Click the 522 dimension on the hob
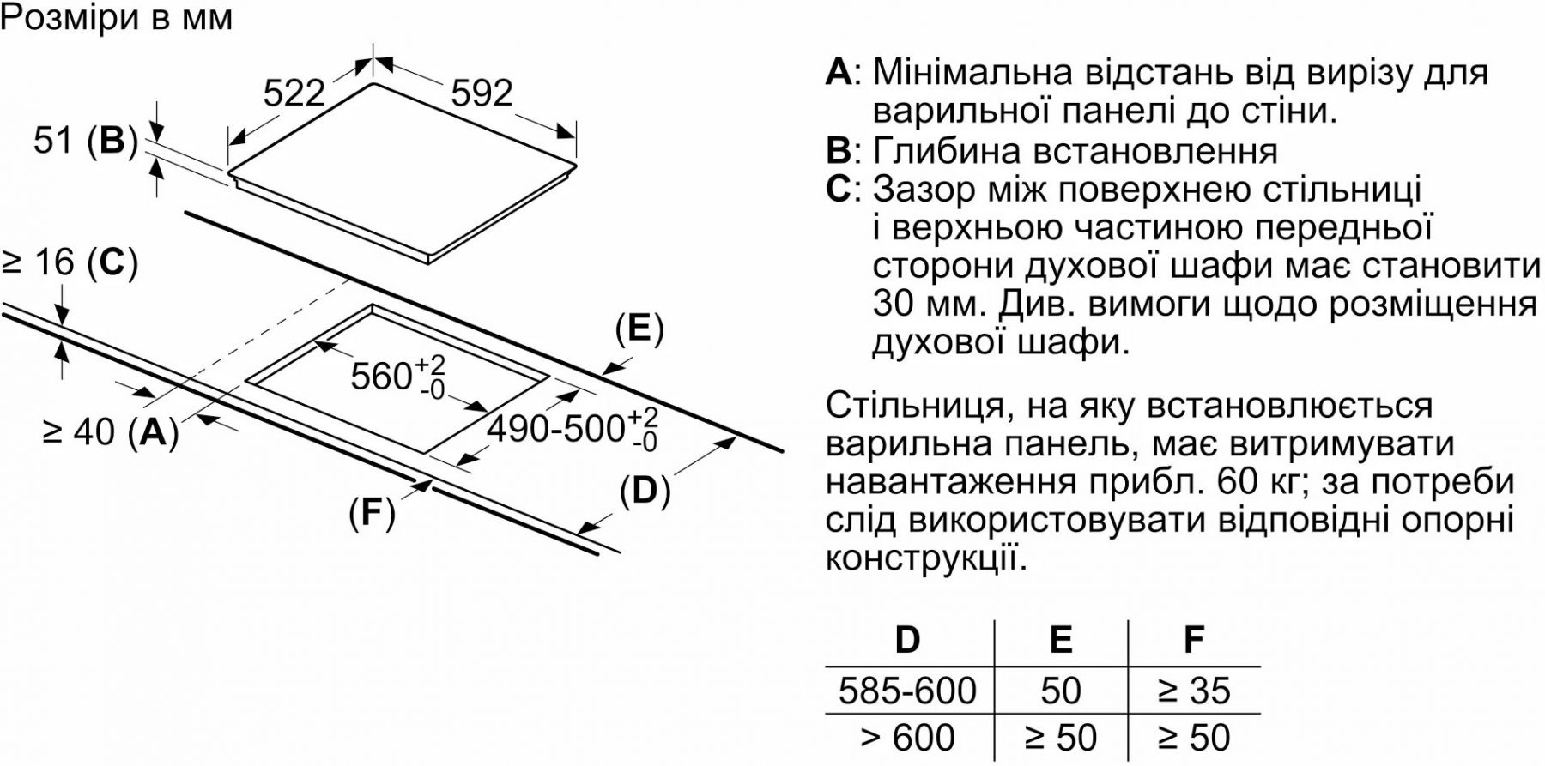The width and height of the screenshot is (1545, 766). tap(294, 93)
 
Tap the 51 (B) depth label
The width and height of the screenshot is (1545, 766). tap(86, 141)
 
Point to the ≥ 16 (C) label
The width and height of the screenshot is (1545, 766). tap(70, 262)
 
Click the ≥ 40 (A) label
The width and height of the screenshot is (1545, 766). tap(111, 431)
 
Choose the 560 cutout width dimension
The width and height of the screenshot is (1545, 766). tap(398, 376)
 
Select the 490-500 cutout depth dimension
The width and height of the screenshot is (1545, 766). tap(573, 428)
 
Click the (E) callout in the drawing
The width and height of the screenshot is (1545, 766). tap(639, 329)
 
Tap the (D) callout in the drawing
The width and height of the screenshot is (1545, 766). tap(645, 491)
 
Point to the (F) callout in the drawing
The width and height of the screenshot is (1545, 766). tap(372, 512)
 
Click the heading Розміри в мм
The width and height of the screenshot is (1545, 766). tap(117, 18)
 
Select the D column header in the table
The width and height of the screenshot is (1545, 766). tap(907, 640)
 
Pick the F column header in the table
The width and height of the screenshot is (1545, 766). tap(1193, 640)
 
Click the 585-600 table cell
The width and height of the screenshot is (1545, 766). tap(907, 691)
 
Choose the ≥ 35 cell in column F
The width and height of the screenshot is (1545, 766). tap(1194, 691)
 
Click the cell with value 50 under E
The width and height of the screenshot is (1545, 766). tap(1060, 691)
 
